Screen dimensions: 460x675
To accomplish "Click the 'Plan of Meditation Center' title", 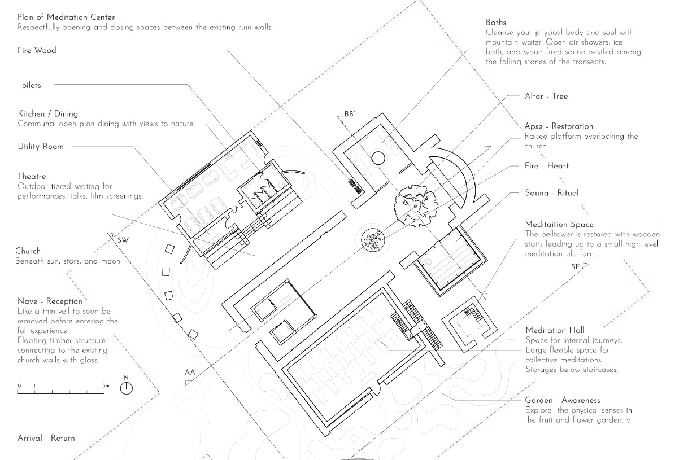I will (x=66, y=17).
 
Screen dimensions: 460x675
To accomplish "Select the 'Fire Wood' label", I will (x=37, y=50).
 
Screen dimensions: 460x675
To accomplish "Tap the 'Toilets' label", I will (x=29, y=85).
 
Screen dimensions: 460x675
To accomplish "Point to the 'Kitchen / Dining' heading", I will (x=47, y=114).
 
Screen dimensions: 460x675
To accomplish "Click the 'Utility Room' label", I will (x=41, y=147).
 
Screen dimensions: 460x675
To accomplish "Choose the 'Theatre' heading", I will (x=32, y=177).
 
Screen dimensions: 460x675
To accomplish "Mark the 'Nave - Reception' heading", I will (x=50, y=301).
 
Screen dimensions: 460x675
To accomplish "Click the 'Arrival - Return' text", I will (x=46, y=438).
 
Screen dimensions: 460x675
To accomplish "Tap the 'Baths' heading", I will (x=496, y=23).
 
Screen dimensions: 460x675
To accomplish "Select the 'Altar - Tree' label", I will (x=546, y=97).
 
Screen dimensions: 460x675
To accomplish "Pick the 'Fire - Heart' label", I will (x=547, y=166).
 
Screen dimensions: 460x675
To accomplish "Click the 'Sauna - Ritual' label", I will (x=552, y=193).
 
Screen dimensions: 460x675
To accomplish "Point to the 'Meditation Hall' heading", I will (x=555, y=330).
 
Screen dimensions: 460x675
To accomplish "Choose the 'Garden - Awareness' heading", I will (x=563, y=400).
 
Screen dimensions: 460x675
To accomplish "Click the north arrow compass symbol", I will (x=127, y=387).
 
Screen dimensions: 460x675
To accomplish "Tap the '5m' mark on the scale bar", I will (x=106, y=386).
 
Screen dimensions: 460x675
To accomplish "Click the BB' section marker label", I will (x=350, y=114).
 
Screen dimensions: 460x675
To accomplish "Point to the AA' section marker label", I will (x=190, y=373).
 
